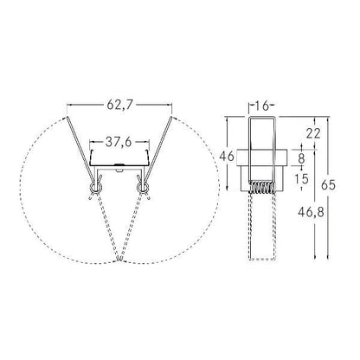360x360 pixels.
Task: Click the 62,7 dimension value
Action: click(119, 105)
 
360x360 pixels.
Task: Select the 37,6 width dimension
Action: click(119, 142)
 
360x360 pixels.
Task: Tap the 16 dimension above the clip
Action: click(262, 106)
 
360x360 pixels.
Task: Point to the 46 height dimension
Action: click(227, 157)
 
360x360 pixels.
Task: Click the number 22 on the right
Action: click(313, 133)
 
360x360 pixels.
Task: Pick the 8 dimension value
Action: click(302, 157)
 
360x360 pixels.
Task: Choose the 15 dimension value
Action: click(302, 179)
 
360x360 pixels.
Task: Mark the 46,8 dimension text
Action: click(311, 213)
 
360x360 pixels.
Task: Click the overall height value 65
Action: click(328, 185)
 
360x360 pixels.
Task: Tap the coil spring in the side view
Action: click(262, 188)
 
